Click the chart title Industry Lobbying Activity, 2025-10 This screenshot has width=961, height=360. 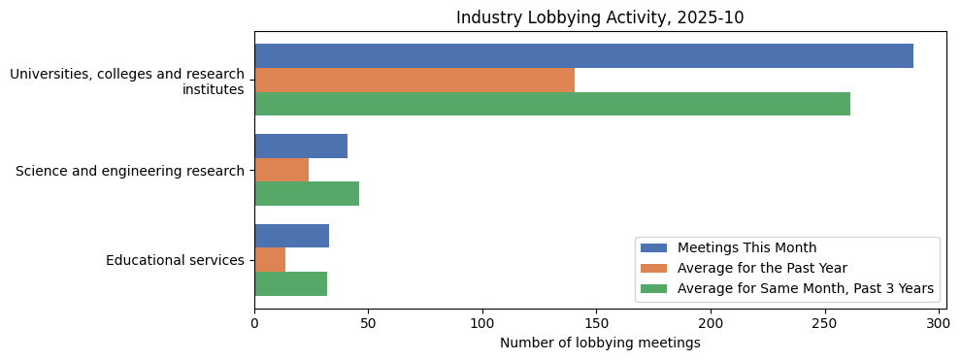tap(600, 17)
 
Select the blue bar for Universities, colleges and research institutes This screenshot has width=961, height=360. tap(583, 56)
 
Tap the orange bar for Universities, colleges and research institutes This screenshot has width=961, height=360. tap(414, 80)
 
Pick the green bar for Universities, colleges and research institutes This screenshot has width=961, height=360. tap(552, 104)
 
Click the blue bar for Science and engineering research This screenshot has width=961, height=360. tap(301, 147)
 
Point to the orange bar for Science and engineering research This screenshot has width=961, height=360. tap(282, 170)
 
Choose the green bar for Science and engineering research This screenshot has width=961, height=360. tap(307, 194)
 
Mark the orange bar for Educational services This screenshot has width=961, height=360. tap(270, 260)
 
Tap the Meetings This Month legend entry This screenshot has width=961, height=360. tap(746, 247)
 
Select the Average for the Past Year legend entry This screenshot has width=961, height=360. tap(762, 268)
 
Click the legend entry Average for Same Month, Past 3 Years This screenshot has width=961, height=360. tap(805, 288)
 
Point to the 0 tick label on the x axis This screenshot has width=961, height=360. tap(254, 324)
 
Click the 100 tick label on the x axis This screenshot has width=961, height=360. tap(482, 324)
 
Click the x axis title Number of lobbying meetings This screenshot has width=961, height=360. tap(600, 344)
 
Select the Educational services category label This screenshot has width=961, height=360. tap(175, 260)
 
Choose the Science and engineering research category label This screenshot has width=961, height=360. tap(130, 171)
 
